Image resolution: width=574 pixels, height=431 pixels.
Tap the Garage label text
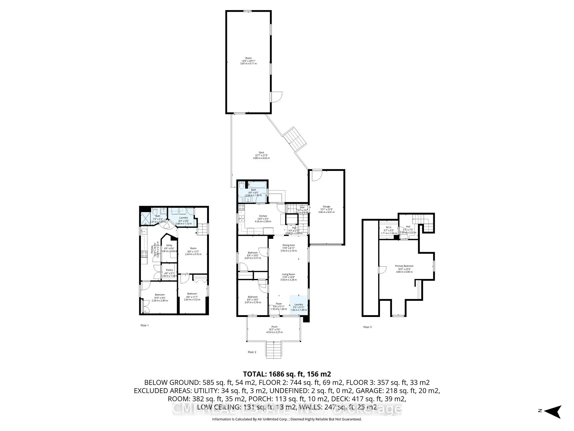[326, 207]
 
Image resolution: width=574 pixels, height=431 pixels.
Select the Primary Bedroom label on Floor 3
[404, 266]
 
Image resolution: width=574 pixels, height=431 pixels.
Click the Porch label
[274, 327]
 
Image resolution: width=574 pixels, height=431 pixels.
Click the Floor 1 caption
[144, 325]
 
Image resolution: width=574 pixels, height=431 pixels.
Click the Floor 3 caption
[367, 327]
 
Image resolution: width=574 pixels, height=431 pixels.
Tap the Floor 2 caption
[252, 352]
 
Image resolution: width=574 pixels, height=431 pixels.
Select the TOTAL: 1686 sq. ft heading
[287, 374]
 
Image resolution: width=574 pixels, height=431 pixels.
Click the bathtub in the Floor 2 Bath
[257, 185]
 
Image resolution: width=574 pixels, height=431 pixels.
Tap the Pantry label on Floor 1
[169, 270]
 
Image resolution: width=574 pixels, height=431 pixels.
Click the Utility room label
[169, 245]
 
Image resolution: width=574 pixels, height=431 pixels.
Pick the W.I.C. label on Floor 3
[388, 227]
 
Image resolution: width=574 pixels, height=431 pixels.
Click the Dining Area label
[288, 245]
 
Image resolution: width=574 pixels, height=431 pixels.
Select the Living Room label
[288, 274]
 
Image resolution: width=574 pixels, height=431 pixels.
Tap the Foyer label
[279, 304]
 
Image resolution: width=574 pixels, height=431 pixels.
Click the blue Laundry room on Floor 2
[298, 304]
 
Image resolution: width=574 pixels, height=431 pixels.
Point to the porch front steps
[274, 350]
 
